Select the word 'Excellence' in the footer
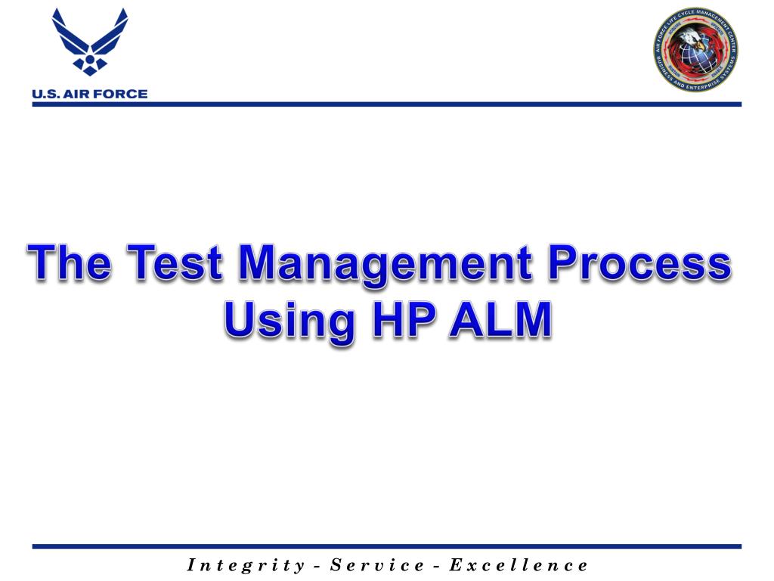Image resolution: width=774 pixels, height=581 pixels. [x=519, y=564]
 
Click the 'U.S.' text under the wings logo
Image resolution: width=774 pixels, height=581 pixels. [x=48, y=95]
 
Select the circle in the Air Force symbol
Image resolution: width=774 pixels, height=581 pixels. [x=90, y=54]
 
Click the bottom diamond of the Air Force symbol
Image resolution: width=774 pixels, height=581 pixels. [x=90, y=70]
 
